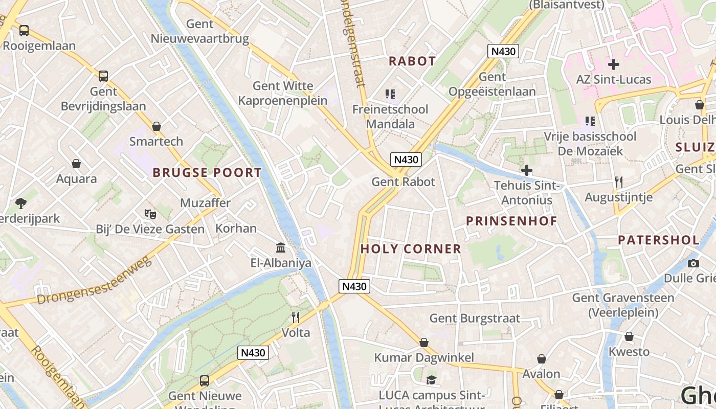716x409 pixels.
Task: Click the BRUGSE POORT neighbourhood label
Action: (x=207, y=173)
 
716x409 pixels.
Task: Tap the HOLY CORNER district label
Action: (x=411, y=249)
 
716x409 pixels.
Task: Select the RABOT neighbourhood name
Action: (x=412, y=61)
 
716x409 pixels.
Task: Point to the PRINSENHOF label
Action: (x=511, y=221)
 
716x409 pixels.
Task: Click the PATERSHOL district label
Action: (x=659, y=240)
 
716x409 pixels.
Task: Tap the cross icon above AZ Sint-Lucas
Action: (x=613, y=64)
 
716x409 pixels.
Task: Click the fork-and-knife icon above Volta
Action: (x=296, y=317)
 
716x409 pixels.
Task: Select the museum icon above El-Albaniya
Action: (x=281, y=248)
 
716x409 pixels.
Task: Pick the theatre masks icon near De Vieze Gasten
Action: (x=150, y=214)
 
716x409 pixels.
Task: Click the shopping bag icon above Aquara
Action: (x=76, y=164)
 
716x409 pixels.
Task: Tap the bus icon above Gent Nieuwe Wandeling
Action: (x=205, y=380)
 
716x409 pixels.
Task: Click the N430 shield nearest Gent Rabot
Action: (x=406, y=160)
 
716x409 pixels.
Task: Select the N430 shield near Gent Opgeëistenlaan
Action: (x=503, y=51)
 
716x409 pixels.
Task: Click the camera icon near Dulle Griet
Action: (x=693, y=263)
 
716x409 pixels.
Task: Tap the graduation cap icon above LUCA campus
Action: (x=431, y=380)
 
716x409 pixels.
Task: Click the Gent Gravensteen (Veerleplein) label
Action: (x=622, y=305)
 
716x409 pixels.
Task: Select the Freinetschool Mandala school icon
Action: (x=390, y=94)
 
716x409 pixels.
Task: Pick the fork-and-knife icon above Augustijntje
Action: (x=618, y=181)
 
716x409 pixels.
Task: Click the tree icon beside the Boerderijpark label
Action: (x=21, y=203)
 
